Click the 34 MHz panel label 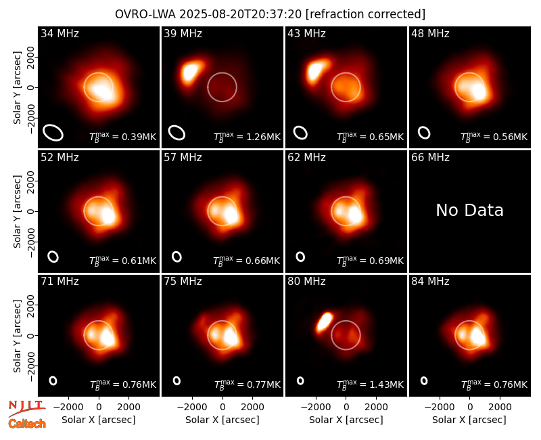click(60, 33)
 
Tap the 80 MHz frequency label click(307, 281)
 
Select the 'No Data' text click(469, 210)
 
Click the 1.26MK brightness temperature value click(264, 137)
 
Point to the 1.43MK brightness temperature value click(387, 384)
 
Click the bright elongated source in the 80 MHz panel click(325, 322)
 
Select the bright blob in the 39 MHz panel click(191, 71)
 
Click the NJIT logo click(27, 408)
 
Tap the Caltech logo click(27, 424)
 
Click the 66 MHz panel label click(430, 158)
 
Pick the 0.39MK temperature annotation click(140, 137)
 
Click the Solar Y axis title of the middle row click(17, 211)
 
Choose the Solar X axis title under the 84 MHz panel click(469, 420)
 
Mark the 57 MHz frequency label click(183, 158)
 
